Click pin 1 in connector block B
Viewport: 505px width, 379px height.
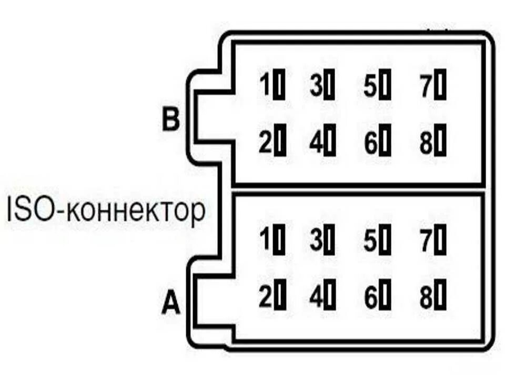pyautogui.click(x=279, y=86)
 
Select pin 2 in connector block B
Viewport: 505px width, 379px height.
pyautogui.click(x=279, y=142)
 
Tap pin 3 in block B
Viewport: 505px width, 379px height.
pyautogui.click(x=330, y=86)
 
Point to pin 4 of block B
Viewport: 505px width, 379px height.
pyautogui.click(x=330, y=142)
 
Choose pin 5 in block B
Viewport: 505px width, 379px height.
pyautogui.click(x=387, y=86)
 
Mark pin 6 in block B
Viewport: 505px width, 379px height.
pyautogui.click(x=387, y=142)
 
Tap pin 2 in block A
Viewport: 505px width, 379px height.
pyautogui.click(x=279, y=298)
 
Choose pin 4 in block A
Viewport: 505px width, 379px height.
pyautogui.click(x=330, y=298)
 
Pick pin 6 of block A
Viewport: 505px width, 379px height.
pyautogui.click(x=387, y=298)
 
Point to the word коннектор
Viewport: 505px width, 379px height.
pyautogui.click(x=136, y=212)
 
